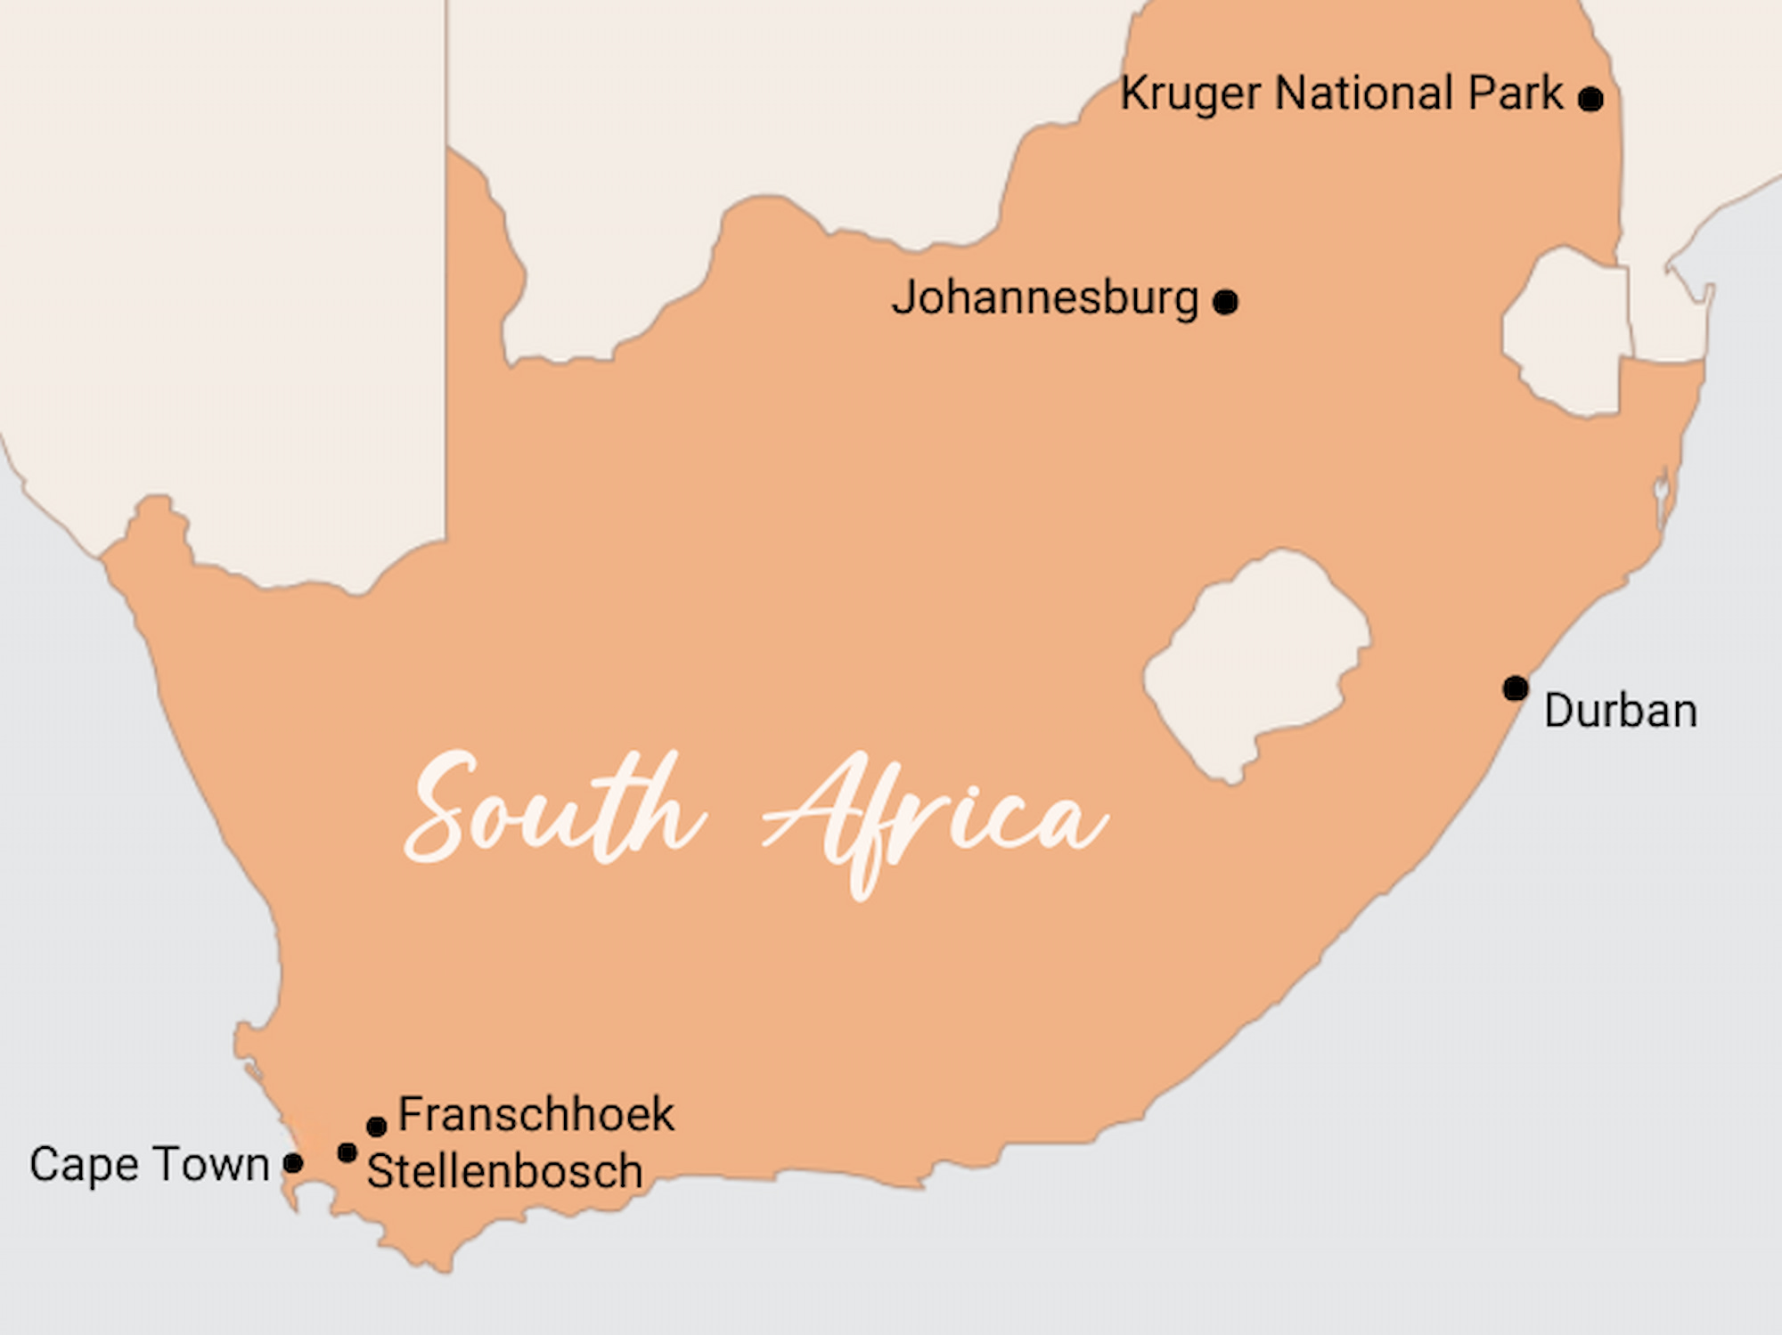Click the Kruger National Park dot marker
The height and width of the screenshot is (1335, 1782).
1590,98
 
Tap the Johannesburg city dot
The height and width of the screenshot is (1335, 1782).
1225,302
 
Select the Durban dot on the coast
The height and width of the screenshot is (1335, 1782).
1516,688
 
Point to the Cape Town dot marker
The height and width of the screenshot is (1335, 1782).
292,1162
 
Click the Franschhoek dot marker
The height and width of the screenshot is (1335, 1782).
376,1127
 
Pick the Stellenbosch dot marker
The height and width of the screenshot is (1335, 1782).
347,1153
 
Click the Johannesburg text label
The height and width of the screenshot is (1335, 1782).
1044,298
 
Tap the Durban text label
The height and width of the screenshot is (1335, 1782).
1620,711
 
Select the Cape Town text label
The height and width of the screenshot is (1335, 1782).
149,1165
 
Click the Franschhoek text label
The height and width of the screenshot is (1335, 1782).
536,1114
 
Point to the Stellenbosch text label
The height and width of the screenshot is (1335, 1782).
504,1170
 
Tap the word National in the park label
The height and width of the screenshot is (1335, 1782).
1363,93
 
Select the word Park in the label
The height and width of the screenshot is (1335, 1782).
1515,93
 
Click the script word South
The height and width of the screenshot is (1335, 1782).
552,810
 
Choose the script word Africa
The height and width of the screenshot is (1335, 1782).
936,815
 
